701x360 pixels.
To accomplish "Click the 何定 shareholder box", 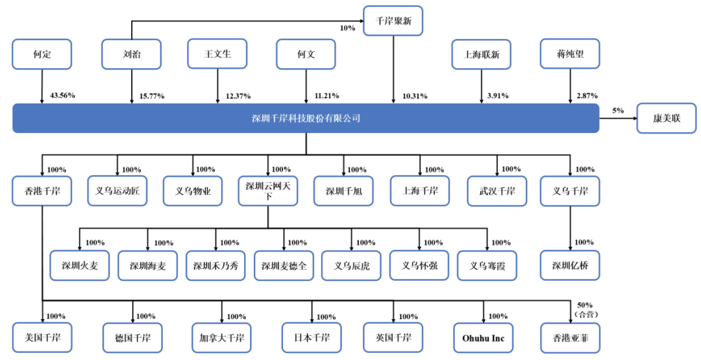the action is (42, 54).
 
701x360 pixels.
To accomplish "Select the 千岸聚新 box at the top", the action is (393, 21).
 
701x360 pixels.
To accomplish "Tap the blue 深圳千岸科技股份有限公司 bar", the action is (306, 118).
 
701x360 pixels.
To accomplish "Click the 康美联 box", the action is (667, 118).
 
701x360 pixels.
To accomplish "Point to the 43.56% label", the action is (62, 95).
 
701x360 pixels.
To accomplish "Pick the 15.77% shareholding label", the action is (152, 96).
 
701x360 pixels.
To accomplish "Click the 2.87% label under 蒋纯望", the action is (587, 95).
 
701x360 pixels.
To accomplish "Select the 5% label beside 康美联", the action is (618, 110).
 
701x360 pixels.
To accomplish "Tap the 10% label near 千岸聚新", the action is (347, 28).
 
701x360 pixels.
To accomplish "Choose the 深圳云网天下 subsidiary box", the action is (268, 191).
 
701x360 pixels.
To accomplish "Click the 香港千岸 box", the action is (42, 191).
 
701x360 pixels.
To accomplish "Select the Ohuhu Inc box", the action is (484, 338).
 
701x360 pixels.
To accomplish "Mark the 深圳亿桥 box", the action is (570, 265).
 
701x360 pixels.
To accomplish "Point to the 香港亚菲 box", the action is (570, 338).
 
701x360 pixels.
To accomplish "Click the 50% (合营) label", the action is (585, 309).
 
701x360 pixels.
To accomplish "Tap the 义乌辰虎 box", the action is (351, 266).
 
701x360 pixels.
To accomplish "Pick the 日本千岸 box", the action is (312, 338).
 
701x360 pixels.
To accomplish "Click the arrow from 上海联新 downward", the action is (482, 87).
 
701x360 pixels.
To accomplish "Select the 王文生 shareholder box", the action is (217, 54).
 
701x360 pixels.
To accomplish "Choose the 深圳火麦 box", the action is (80, 265).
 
